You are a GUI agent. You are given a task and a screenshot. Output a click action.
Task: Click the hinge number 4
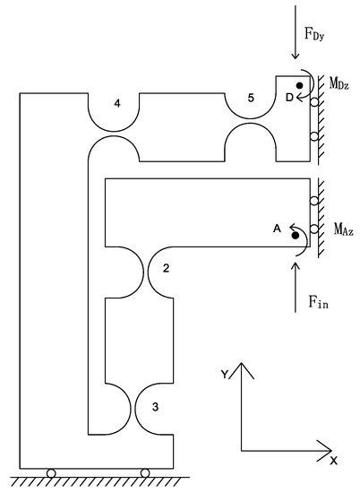[x=117, y=104]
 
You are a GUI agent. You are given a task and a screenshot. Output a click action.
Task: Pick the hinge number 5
[x=252, y=96]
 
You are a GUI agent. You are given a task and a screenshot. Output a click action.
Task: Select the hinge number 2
[x=166, y=267]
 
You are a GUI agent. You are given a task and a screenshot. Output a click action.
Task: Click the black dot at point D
[x=300, y=86]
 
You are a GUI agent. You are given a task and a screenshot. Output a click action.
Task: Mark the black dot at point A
[x=294, y=235]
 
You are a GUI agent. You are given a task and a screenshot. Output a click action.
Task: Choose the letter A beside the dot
[x=277, y=229]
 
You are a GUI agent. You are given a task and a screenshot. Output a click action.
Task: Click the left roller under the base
[x=51, y=472]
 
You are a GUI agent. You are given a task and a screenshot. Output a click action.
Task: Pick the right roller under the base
[x=144, y=472]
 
